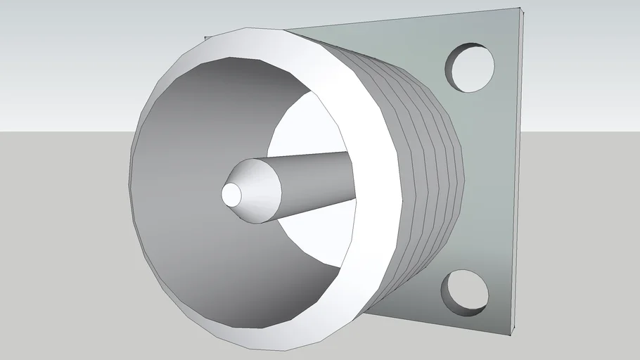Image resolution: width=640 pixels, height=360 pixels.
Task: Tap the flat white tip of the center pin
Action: pos(231,193)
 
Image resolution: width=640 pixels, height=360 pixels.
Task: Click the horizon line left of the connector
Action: pos(63,131)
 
